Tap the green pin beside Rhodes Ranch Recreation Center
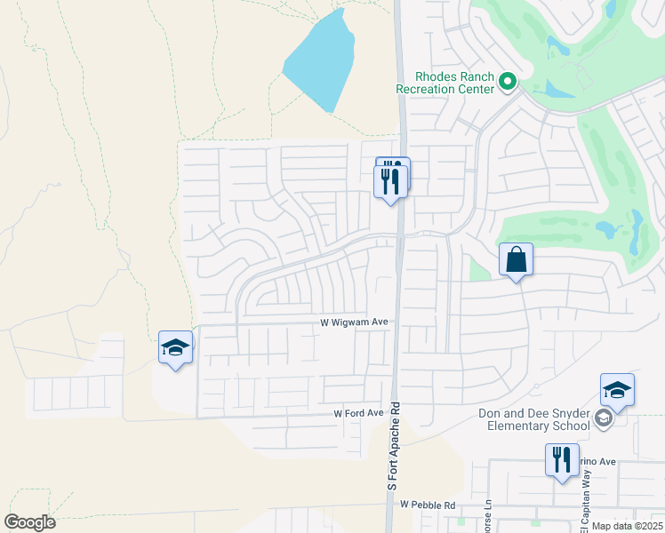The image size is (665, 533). tap(508, 83)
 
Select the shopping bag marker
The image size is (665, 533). tap(516, 261)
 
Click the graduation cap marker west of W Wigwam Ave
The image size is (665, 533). tap(175, 348)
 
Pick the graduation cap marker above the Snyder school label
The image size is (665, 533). tap(617, 390)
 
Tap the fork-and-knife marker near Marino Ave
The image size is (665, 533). tap(562, 462)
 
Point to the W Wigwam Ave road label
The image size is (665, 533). tap(354, 324)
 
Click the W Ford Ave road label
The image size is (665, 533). tap(357, 414)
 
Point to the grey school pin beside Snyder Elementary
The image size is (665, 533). tap(605, 418)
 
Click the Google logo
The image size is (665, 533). tap(29, 522)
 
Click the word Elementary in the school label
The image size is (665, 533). tap(519, 426)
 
